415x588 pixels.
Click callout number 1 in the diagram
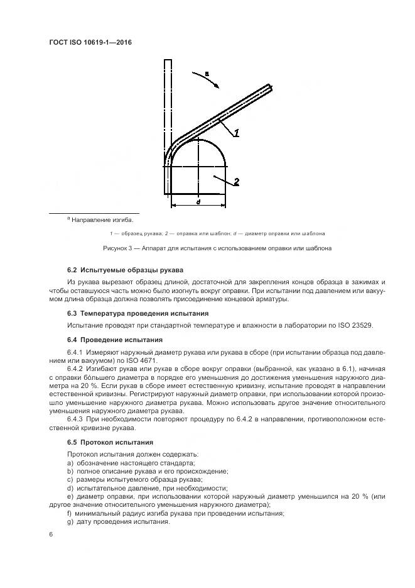point(237,132)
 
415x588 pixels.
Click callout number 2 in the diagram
point(237,182)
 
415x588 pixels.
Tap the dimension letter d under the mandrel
point(198,202)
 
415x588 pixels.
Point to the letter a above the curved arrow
point(207,74)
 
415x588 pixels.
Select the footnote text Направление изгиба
point(102,220)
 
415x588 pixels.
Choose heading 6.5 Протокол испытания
point(110,442)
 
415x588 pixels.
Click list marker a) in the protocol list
point(70,462)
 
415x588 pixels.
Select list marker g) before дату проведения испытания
point(70,522)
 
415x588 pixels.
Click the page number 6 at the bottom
point(51,535)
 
